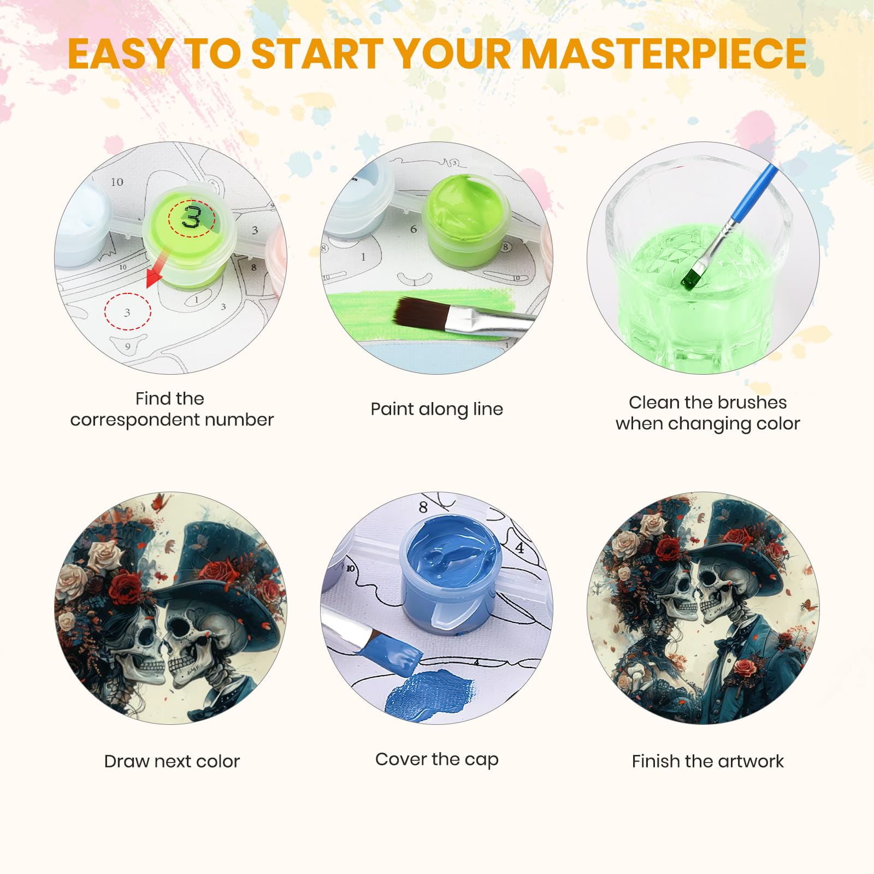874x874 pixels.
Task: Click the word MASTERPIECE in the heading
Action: click(664, 54)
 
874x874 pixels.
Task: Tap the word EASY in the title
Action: click(120, 54)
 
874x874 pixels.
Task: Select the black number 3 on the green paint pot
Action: click(192, 217)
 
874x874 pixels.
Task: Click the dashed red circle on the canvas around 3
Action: click(128, 311)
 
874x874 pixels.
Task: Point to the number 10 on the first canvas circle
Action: click(117, 182)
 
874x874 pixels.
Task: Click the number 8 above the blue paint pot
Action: click(423, 507)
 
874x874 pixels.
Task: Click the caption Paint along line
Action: click(436, 409)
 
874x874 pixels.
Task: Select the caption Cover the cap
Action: click(436, 759)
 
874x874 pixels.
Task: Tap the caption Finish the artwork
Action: click(707, 761)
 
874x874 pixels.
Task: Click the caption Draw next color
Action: click(172, 761)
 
